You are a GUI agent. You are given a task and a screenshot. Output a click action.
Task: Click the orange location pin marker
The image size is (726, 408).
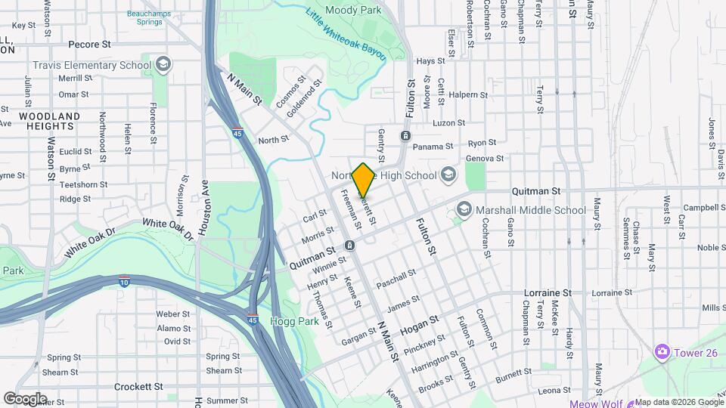pyautogui.click(x=364, y=180)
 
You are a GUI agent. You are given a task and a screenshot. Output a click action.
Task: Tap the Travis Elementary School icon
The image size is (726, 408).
pyautogui.click(x=163, y=65)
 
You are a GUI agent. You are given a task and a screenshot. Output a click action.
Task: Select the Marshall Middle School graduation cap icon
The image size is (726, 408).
pyautogui.click(x=463, y=210)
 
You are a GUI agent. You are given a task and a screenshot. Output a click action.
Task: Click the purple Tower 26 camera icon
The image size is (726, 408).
pyautogui.click(x=662, y=351)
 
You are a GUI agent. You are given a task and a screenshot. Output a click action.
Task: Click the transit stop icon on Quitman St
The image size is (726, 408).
pyautogui.click(x=350, y=246)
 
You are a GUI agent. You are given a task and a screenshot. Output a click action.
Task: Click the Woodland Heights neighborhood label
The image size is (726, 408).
pyautogui.click(x=50, y=121)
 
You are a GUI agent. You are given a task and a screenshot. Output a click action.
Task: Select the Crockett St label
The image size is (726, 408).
pyautogui.click(x=138, y=386)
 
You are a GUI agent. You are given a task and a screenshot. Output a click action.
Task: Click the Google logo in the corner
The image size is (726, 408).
pyautogui.click(x=25, y=398)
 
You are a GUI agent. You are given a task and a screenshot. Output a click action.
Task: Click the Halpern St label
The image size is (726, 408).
pyautogui.click(x=469, y=94)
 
